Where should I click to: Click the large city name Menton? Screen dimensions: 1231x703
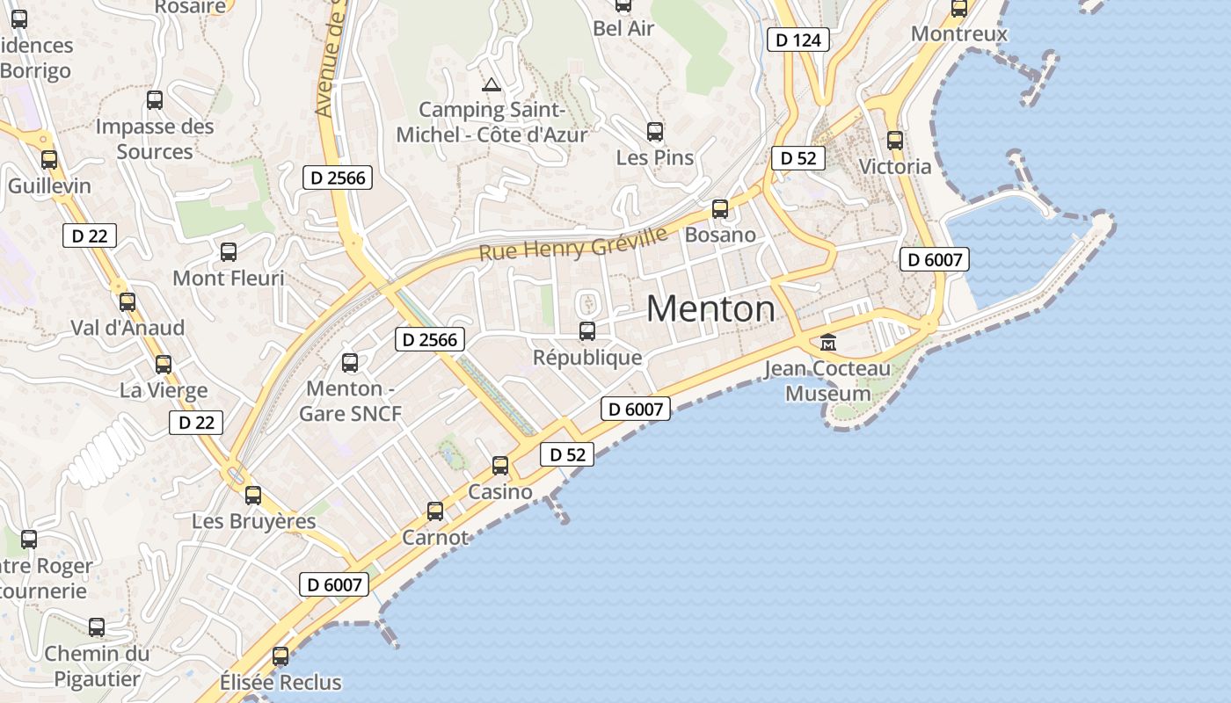coord(710,308)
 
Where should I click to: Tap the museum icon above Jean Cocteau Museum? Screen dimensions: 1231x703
coord(827,342)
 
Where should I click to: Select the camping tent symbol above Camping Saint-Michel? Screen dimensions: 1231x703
coord(491,85)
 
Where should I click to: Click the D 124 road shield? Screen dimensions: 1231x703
coord(798,40)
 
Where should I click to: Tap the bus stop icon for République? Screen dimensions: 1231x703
coord(587,331)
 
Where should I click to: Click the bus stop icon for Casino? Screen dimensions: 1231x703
coord(500,466)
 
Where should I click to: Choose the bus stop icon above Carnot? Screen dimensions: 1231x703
coord(435,511)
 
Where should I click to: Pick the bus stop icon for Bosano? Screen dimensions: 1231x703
coord(720,209)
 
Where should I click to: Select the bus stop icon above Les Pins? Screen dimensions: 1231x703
coord(655,132)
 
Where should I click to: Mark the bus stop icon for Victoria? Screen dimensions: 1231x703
coord(895,140)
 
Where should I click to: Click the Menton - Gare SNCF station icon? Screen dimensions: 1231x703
coord(350,362)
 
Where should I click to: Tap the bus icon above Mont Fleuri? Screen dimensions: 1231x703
coord(229,252)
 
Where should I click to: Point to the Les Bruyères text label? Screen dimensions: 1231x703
coord(254,521)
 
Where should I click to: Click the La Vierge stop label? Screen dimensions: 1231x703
coord(164,390)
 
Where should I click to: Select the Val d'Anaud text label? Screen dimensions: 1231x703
coord(127,328)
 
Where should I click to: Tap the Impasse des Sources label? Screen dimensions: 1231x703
coord(155,139)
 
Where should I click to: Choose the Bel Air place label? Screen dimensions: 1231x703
coord(623,28)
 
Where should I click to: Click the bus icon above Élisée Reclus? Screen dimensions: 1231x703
coord(280,656)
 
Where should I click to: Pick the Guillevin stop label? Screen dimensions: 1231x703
coord(49,186)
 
